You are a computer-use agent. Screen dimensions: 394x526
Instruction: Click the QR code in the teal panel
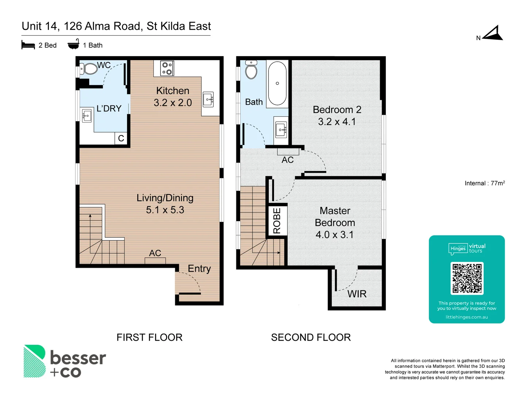point(467,278)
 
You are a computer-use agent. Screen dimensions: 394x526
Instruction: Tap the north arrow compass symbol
point(493,34)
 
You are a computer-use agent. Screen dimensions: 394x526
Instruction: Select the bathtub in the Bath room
point(277,84)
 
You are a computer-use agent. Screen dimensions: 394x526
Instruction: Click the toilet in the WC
point(88,68)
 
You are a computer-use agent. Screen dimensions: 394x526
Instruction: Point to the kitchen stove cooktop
point(167,69)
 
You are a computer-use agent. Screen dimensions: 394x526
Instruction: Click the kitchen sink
point(208,99)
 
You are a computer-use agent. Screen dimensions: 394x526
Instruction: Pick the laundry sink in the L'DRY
point(87,116)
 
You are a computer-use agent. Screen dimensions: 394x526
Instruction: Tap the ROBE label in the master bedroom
point(277,221)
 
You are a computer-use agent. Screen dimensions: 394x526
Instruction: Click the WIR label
point(357,294)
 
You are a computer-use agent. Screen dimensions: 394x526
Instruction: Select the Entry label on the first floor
point(199,269)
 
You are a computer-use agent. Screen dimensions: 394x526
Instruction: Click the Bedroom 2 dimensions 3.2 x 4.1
point(337,122)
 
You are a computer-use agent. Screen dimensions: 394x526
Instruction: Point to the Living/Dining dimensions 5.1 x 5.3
point(165,210)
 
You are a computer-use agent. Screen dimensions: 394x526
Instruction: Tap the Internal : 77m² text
point(484,183)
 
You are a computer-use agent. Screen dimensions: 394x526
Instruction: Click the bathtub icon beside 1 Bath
point(73,45)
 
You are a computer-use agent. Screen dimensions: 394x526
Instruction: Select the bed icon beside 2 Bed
point(28,45)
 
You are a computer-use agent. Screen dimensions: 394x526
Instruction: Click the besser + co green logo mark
point(34,361)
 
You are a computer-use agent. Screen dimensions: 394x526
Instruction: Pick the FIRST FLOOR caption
point(149,337)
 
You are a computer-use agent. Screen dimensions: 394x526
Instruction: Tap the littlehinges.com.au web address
point(466,317)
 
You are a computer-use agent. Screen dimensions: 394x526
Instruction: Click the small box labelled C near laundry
point(121,138)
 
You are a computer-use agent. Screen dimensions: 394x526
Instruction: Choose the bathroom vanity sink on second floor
point(281,129)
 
